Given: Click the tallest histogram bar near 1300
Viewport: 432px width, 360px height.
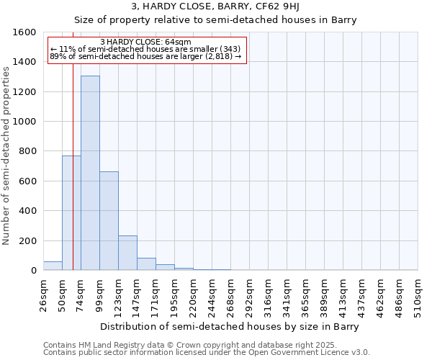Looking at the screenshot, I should [x=90, y=173].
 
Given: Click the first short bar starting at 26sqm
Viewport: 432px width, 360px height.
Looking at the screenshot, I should [x=53, y=266].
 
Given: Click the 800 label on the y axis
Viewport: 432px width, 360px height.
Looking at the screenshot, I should [x=28, y=151].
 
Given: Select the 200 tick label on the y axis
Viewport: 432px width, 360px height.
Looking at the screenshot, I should [x=28, y=240].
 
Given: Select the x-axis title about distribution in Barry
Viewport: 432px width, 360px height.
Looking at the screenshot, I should [x=230, y=326].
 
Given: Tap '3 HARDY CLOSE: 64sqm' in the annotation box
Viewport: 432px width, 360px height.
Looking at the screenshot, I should [x=146, y=42].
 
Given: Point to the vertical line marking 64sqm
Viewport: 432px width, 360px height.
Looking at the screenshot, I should [x=73, y=180].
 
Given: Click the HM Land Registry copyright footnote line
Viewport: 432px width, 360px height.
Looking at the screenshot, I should [x=205, y=346].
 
